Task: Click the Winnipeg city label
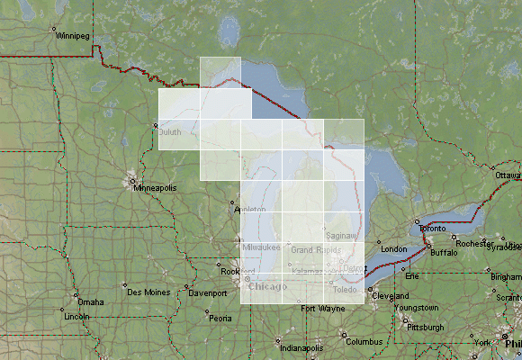coord(72,38)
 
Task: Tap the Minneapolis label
coord(155,188)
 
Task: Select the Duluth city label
coord(170,132)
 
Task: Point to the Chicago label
coord(267,286)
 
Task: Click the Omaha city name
coord(90,301)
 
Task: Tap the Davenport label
coord(207,293)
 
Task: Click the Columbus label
coord(364,342)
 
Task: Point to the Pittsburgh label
coord(425,328)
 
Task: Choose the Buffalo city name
coord(444,253)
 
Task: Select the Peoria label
coord(220,318)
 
